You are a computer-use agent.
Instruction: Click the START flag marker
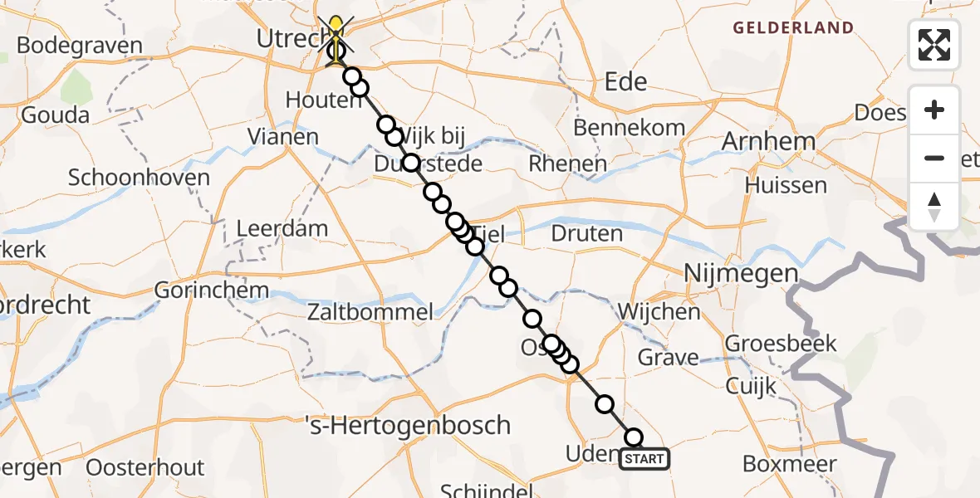(x=644, y=459)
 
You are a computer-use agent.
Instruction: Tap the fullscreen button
(x=934, y=45)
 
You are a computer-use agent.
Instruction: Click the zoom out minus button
(x=934, y=158)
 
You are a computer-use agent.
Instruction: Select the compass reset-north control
(x=934, y=207)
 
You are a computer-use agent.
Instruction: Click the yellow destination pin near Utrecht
(x=336, y=30)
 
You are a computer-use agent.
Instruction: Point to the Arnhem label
(x=768, y=141)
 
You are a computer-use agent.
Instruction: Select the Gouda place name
(x=56, y=115)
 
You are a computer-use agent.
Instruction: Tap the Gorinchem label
(x=212, y=290)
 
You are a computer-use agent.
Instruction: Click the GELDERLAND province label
(x=792, y=28)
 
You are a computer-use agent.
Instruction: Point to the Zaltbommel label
(x=370, y=313)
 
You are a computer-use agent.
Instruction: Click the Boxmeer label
(x=789, y=463)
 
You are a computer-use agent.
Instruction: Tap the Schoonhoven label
(x=140, y=177)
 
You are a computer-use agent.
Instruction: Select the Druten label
(x=587, y=233)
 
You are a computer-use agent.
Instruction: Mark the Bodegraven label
(x=79, y=45)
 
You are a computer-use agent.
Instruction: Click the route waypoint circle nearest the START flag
(x=634, y=437)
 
